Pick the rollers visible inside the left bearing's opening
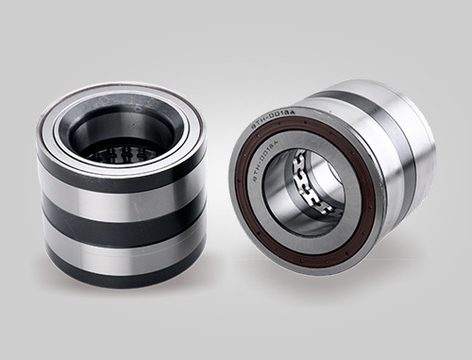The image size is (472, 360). pos(118,151)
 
